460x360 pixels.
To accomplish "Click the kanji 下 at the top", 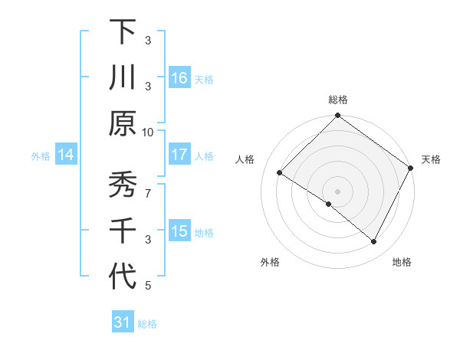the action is pyautogui.click(x=122, y=32).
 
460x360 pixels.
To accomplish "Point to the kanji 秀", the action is pyautogui.click(x=122, y=186).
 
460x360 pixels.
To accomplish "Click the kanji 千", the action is pyautogui.click(x=122, y=231).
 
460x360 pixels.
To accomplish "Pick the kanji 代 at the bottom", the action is pyautogui.click(x=122, y=277).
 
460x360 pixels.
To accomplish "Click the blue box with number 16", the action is pyautogui.click(x=179, y=78).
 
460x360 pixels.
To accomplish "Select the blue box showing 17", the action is pyautogui.click(x=179, y=155).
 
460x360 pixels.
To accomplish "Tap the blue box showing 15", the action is pyautogui.click(x=179, y=231).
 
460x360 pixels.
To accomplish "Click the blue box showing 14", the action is pyautogui.click(x=66, y=155).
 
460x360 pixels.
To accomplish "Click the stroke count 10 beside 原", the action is pyautogui.click(x=147, y=132).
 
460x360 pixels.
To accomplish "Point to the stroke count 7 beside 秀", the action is pyautogui.click(x=147, y=185).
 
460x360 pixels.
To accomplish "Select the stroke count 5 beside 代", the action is pyautogui.click(x=147, y=286).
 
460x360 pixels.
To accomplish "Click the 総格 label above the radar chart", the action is pyautogui.click(x=337, y=100).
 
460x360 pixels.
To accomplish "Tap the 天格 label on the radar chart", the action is pyautogui.click(x=431, y=159).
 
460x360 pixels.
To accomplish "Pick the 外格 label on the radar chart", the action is pyautogui.click(x=270, y=263).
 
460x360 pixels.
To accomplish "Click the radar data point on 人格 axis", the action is pyautogui.click(x=280, y=173).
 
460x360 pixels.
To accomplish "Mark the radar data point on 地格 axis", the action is pyautogui.click(x=374, y=242).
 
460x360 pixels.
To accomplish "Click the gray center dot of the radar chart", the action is pyautogui.click(x=337, y=191).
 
